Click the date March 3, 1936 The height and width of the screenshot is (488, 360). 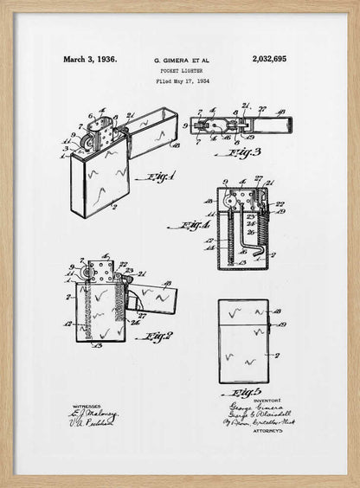tap(89, 60)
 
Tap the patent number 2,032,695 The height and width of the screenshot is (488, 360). tap(269, 60)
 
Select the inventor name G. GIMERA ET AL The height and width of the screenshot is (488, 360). tap(182, 61)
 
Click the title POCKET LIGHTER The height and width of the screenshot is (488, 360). tap(182, 71)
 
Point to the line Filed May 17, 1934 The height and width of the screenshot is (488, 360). tap(182, 81)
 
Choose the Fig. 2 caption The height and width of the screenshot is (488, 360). tap(156, 336)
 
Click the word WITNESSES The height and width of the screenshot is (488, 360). tap(87, 405)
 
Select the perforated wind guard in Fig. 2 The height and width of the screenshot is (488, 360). tap(100, 272)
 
